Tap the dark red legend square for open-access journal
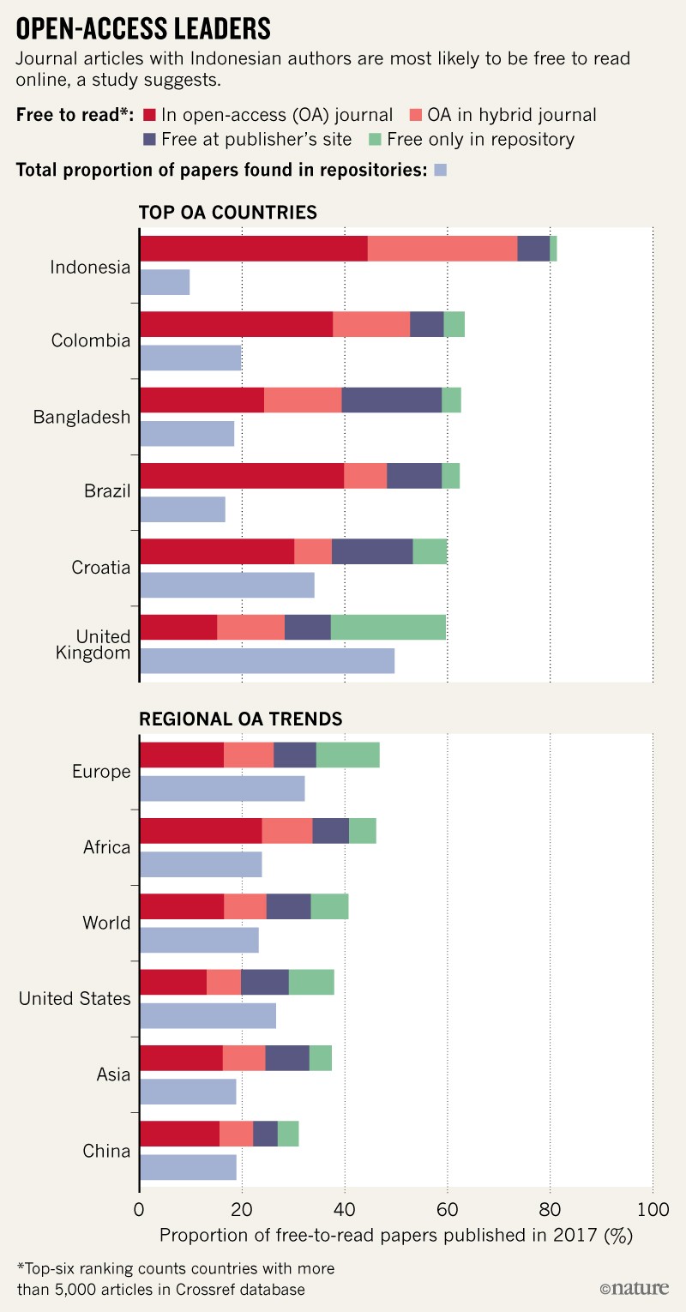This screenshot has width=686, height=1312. [x=148, y=114]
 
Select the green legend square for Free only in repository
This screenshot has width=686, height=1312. [x=375, y=139]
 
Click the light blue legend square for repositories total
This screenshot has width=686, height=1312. [x=441, y=170]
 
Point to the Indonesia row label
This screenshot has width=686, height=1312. [x=90, y=267]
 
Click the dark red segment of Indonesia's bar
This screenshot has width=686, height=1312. [x=253, y=248]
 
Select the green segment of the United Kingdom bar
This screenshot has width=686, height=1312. [x=388, y=628]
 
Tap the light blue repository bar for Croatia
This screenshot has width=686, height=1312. [x=226, y=584]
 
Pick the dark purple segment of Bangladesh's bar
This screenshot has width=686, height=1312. [x=391, y=400]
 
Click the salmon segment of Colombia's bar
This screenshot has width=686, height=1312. [x=370, y=324]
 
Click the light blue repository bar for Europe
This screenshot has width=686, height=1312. [x=221, y=787]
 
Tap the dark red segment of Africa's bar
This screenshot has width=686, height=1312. [x=200, y=830]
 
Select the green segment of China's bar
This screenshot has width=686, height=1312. [x=288, y=1133]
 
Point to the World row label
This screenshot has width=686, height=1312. [x=107, y=923]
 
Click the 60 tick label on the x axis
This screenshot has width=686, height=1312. [x=447, y=1210]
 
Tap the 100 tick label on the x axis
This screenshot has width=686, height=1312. [x=652, y=1210]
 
